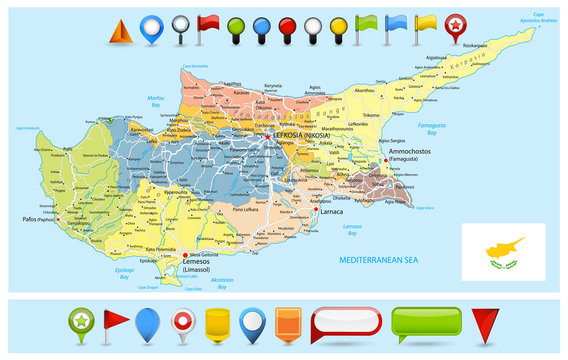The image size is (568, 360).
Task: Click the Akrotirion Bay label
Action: coord(222,283)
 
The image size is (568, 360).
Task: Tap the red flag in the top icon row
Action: coord(209,24)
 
